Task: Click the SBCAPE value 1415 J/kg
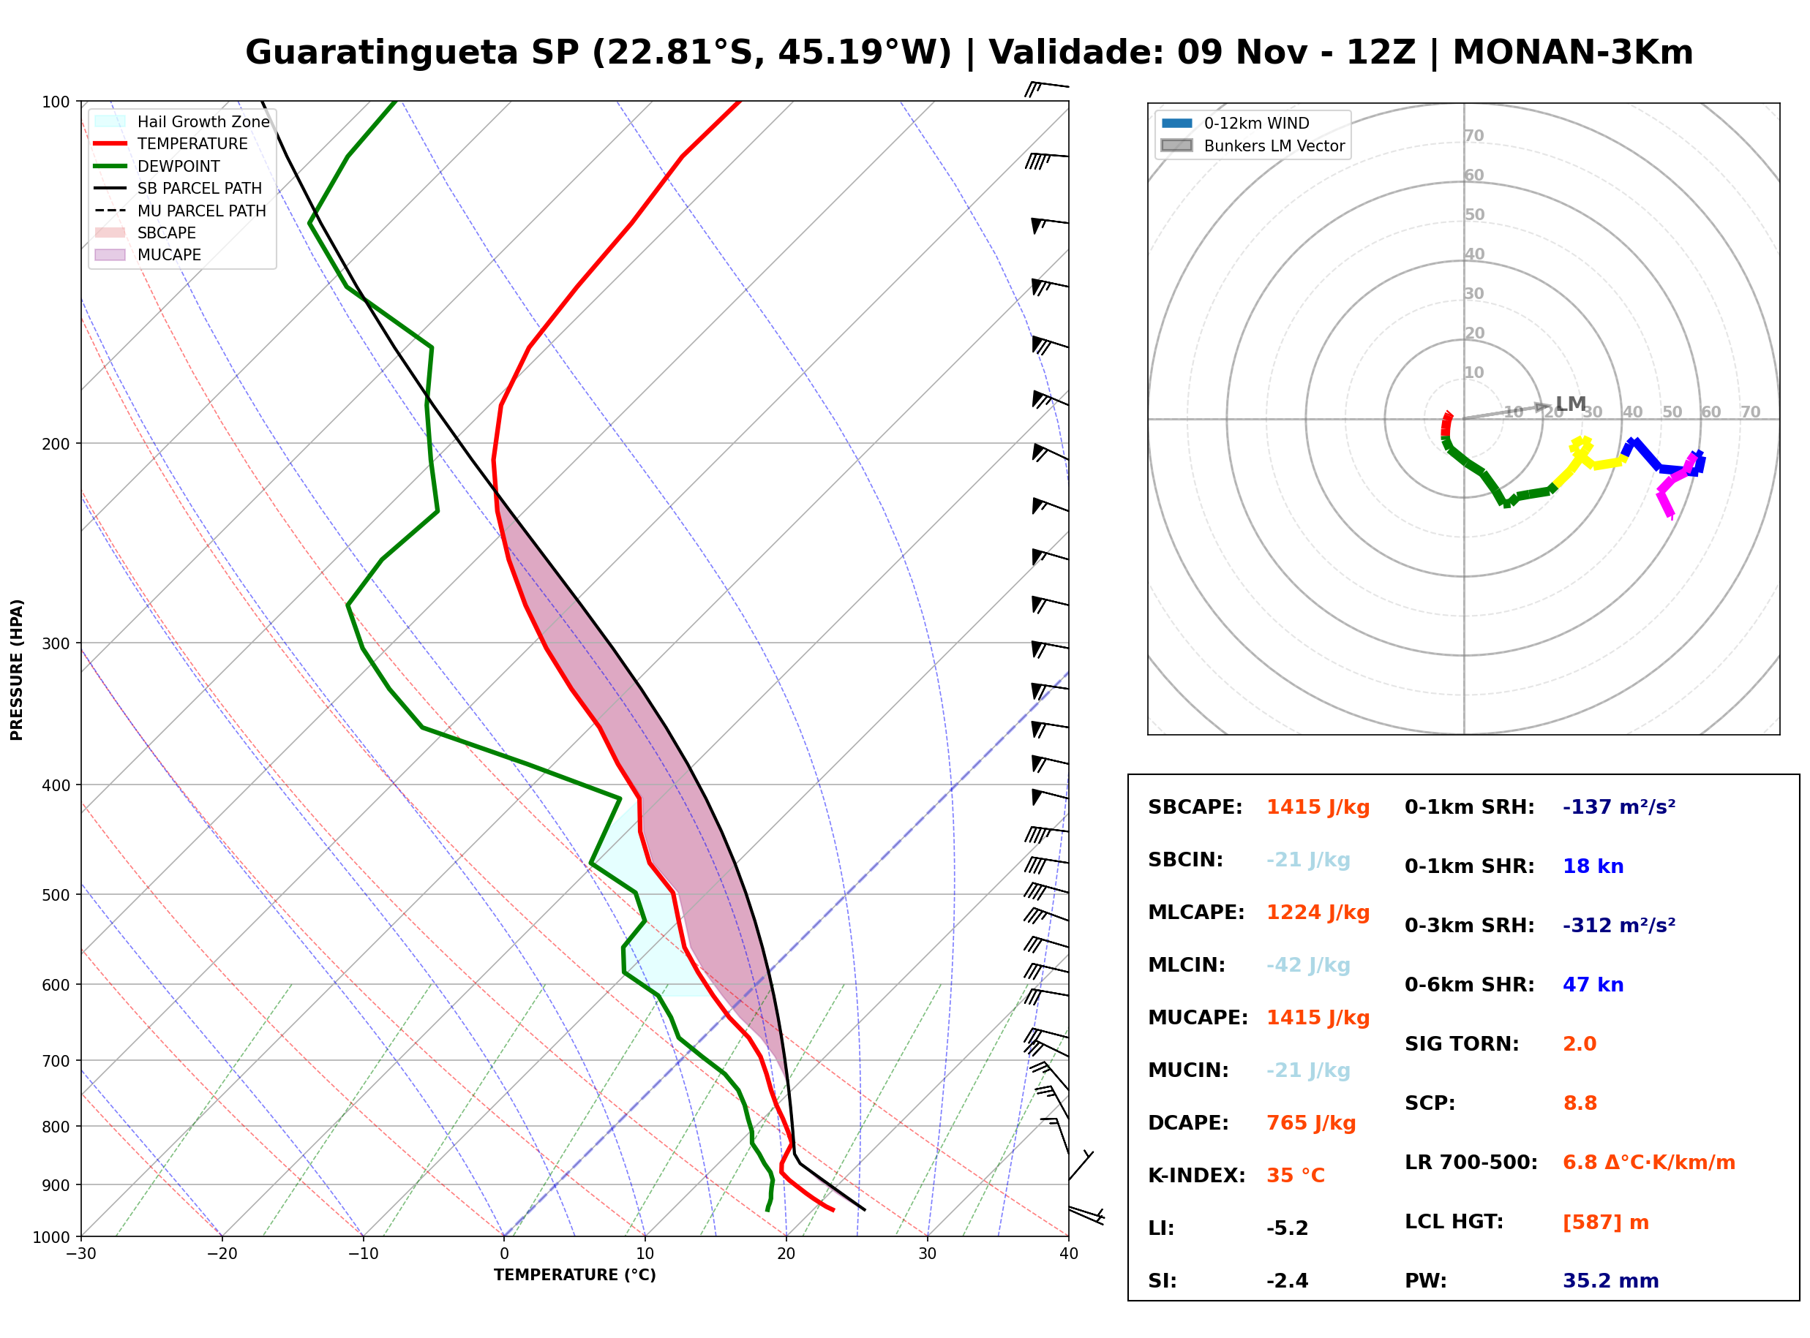pos(1318,807)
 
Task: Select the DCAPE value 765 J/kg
pos(1311,1123)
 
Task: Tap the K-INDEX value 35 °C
pos(1296,1176)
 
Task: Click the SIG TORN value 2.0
pos(1579,1044)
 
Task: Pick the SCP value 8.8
pos(1579,1103)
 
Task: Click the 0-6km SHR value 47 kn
pos(1593,985)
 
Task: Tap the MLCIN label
pos(1187,965)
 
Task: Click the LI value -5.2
pos(1288,1228)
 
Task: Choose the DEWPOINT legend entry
pos(158,166)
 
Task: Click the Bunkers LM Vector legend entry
pos(1253,145)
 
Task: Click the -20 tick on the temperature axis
pos(222,1254)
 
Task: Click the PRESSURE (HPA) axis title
pos(17,670)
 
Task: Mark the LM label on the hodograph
pos(1571,404)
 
